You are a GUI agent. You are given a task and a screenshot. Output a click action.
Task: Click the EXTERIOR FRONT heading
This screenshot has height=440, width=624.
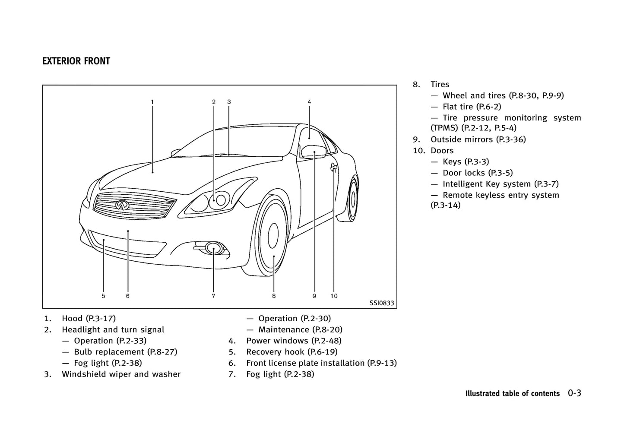[x=76, y=61]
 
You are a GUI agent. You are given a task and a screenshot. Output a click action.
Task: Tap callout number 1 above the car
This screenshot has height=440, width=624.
[x=152, y=102]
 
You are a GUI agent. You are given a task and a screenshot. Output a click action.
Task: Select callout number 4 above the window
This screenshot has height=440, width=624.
[x=309, y=102]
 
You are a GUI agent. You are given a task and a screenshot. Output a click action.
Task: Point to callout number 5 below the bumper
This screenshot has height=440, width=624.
[x=104, y=296]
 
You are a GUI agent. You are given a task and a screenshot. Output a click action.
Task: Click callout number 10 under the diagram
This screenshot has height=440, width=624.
[x=334, y=296]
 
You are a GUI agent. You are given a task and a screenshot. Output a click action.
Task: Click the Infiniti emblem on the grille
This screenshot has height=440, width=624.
[x=122, y=205]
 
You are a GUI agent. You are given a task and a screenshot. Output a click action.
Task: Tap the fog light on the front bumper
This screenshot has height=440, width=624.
[x=213, y=248]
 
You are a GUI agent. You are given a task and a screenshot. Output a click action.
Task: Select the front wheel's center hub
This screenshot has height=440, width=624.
[x=273, y=237]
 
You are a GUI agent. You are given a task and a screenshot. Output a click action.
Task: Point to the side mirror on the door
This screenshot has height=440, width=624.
[x=313, y=152]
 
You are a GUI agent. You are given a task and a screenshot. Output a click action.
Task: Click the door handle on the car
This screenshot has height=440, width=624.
[x=334, y=168]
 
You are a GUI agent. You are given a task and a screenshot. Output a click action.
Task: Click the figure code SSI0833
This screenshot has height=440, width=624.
[x=381, y=303]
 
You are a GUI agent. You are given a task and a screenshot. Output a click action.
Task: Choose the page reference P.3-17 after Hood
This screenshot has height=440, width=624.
[x=101, y=319]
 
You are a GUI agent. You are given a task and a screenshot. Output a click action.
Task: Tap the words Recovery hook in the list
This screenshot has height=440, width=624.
[x=274, y=352]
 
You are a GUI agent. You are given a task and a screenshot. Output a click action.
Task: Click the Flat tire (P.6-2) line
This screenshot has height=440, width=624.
[x=472, y=107]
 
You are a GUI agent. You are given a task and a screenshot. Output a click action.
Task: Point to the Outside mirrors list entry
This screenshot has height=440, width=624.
[x=478, y=139]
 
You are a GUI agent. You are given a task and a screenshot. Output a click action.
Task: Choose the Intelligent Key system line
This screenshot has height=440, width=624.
[x=500, y=184]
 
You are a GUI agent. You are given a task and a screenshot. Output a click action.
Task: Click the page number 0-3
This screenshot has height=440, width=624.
[x=574, y=393]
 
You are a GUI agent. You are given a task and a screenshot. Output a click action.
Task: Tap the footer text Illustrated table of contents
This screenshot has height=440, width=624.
[x=512, y=393]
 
